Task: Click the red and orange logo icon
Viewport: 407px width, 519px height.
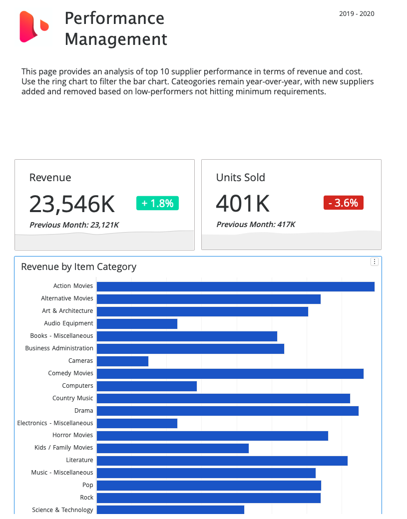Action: [34, 27]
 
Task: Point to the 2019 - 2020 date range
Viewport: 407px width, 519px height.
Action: [357, 14]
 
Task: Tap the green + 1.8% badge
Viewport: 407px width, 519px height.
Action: [157, 203]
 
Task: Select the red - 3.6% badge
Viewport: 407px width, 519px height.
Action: [344, 203]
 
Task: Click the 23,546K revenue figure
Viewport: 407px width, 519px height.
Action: [72, 204]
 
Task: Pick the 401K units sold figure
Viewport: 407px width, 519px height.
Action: [243, 204]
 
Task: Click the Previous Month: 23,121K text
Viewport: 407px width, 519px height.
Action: [74, 225]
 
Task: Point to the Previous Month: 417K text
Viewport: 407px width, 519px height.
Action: [256, 225]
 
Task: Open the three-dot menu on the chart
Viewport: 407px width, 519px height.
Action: [375, 261]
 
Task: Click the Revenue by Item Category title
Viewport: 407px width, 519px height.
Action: [78, 267]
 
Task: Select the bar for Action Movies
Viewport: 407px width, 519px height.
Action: [235, 286]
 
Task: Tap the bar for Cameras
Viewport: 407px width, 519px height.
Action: [122, 361]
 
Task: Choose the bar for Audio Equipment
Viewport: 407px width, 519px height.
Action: [137, 324]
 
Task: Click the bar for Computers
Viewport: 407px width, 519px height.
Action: [147, 386]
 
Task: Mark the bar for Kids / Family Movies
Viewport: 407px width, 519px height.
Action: [173, 448]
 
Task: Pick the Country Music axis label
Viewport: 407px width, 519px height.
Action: [73, 398]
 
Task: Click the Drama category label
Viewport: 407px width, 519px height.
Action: [84, 411]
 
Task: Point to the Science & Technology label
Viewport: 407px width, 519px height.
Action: [62, 510]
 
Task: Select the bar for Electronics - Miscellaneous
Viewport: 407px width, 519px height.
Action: [137, 423]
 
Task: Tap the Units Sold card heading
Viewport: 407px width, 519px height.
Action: [241, 178]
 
